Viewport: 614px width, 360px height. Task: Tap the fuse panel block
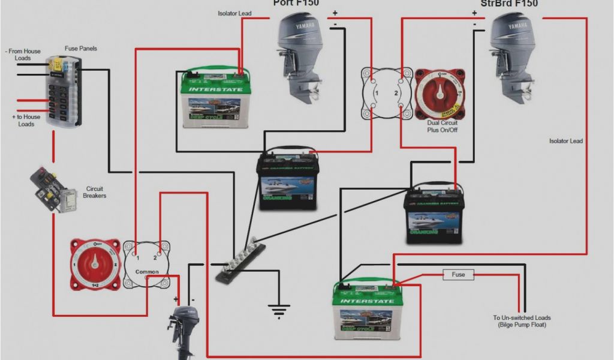pyautogui.click(x=63, y=90)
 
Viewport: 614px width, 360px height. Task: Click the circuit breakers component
pyautogui.click(x=54, y=189)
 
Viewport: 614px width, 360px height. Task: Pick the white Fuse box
pyautogui.click(x=458, y=275)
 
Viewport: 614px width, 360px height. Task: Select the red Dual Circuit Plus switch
pyautogui.click(x=440, y=93)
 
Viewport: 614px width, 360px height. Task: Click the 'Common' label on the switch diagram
pyautogui.click(x=147, y=272)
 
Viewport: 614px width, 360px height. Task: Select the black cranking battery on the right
pyautogui.click(x=435, y=216)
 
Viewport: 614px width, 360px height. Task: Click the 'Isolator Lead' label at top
pyautogui.click(x=234, y=13)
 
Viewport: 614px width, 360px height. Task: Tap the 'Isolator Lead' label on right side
pyautogui.click(x=565, y=141)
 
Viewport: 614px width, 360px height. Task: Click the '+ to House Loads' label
pyautogui.click(x=26, y=120)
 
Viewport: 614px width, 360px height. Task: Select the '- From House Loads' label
pyautogui.click(x=24, y=55)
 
